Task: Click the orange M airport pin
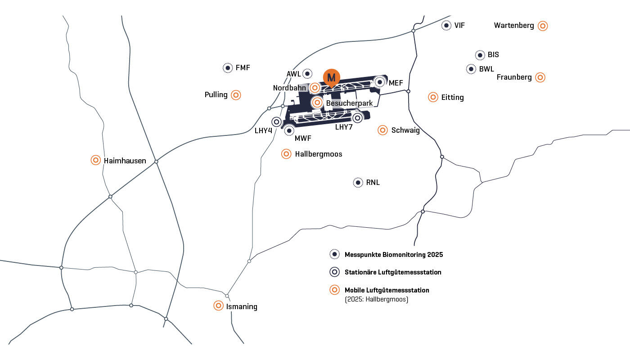click(331, 77)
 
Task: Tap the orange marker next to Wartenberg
click(543, 26)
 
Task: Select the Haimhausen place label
click(125, 161)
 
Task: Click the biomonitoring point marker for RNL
click(358, 183)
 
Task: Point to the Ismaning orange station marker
click(218, 306)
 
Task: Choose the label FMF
click(243, 67)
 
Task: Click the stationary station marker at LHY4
click(276, 122)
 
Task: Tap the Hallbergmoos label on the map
click(319, 154)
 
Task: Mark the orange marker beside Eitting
click(433, 97)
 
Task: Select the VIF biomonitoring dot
click(446, 25)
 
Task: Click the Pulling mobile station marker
click(236, 95)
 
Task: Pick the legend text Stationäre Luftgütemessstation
click(393, 272)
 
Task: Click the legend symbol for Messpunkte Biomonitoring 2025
click(334, 254)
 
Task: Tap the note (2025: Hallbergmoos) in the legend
click(377, 299)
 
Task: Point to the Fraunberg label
click(514, 77)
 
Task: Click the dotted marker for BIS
click(480, 55)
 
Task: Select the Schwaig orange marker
click(382, 130)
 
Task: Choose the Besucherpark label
click(349, 103)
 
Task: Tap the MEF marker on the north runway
click(380, 82)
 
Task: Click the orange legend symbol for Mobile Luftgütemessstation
click(334, 290)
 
